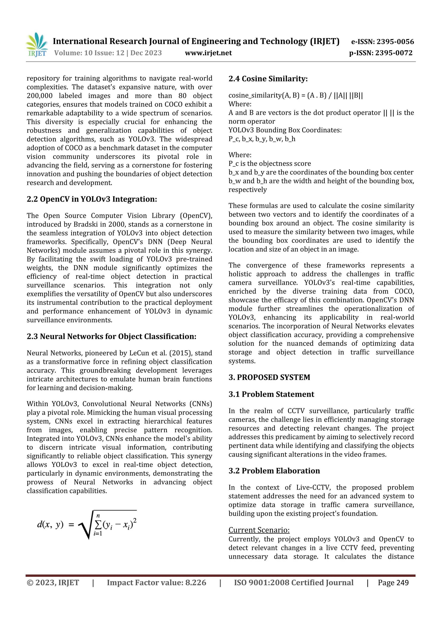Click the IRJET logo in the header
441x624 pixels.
37,45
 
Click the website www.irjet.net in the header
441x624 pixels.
208,53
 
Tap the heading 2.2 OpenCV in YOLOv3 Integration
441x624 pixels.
92,199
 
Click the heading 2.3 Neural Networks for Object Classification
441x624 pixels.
111,336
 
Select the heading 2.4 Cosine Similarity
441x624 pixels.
268,79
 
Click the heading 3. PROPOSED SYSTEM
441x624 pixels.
269,377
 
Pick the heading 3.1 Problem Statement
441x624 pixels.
271,394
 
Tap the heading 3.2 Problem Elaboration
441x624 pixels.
274,471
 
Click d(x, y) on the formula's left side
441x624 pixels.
50,524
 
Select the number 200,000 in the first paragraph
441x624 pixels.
40,96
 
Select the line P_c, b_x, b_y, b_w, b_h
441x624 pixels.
262,139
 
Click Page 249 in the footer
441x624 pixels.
393,583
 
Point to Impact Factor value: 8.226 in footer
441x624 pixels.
156,583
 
